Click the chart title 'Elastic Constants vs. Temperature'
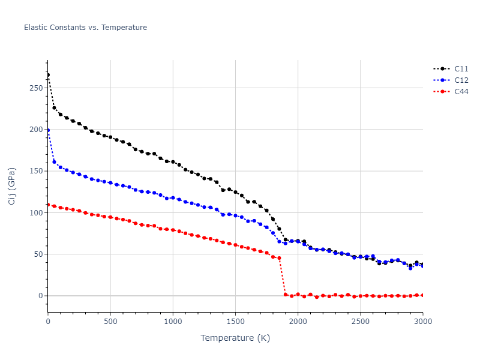85,28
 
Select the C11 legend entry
461,68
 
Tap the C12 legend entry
461,80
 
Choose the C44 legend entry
461,91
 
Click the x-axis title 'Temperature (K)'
235,338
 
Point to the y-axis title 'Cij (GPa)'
13,186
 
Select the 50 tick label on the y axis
38,254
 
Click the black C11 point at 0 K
48,75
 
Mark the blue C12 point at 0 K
48,130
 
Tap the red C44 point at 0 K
48,205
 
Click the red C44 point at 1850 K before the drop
279,258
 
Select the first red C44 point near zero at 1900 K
286,295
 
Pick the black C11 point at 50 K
54,108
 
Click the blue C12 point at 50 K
54,161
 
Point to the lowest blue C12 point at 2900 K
410,268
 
